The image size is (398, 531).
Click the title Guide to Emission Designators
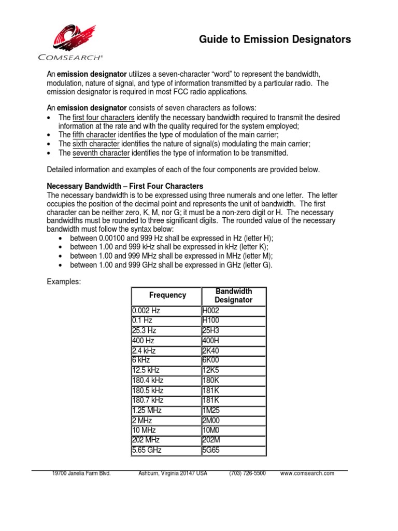click(x=275, y=39)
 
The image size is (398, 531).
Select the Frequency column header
click(x=167, y=295)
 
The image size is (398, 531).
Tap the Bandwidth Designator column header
click(x=233, y=295)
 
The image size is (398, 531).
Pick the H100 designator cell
click(x=211, y=320)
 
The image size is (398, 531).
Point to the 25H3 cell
click(x=210, y=330)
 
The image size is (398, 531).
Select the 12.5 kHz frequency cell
click(x=146, y=370)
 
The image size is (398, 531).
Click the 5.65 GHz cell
click(x=147, y=450)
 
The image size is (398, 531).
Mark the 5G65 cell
click(x=211, y=450)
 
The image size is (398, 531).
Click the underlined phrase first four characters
click(x=104, y=118)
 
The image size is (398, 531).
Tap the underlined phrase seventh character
click(x=101, y=153)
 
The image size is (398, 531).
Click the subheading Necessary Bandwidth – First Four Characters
click(x=125, y=186)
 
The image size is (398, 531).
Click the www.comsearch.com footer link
click(x=307, y=473)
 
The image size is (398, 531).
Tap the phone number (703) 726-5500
click(x=247, y=473)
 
